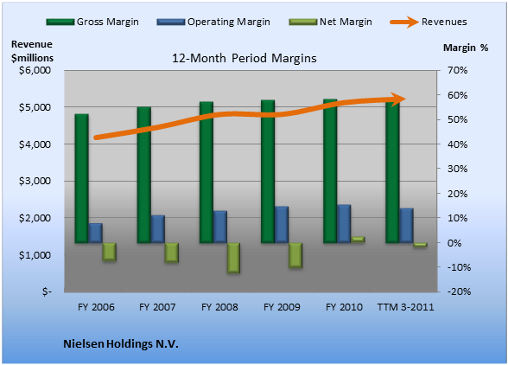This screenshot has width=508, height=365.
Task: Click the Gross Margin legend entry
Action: tap(92, 22)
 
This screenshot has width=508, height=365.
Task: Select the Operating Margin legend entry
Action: tap(213, 22)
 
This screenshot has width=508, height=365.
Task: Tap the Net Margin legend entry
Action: tap(330, 22)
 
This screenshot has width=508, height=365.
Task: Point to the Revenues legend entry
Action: tap(429, 22)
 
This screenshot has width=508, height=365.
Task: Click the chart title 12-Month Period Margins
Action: tap(244, 59)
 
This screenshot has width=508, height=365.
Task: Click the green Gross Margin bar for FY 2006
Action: tap(81, 178)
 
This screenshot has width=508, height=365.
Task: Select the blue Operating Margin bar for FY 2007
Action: tap(158, 229)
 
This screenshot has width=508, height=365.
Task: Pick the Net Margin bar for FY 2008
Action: tap(233, 258)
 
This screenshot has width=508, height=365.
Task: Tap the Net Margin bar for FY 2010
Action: tap(358, 240)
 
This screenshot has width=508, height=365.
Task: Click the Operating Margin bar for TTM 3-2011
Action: tap(406, 226)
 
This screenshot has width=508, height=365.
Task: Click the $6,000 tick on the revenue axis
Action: tap(35, 70)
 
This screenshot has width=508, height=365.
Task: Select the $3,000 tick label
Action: tap(35, 181)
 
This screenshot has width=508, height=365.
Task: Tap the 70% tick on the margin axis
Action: tap(458, 70)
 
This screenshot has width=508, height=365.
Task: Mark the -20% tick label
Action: tap(459, 291)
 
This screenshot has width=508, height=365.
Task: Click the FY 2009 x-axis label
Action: tap(282, 307)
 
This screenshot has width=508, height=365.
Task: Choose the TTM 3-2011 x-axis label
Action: tap(406, 307)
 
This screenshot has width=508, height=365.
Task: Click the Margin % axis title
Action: tap(466, 48)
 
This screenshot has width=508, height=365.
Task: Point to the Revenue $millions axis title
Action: tap(32, 51)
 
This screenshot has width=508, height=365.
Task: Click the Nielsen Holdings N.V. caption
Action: tap(121, 344)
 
